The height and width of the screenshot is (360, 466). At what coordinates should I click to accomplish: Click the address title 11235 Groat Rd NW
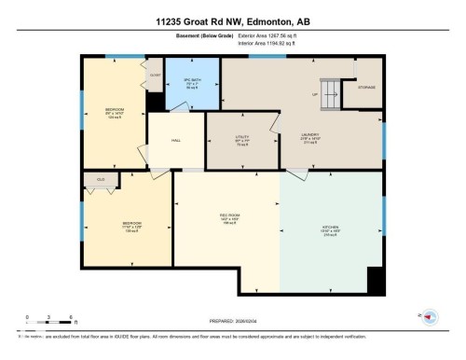232,21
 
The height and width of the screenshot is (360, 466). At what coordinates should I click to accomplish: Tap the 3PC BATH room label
194,80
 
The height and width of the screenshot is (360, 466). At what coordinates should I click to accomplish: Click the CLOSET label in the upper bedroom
155,75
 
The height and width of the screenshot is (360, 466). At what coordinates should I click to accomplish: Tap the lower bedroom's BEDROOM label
130,223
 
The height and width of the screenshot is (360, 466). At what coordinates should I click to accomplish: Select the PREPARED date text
232,319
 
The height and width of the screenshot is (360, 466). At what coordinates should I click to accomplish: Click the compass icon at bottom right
430,317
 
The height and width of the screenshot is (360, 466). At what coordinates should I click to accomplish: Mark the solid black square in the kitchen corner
375,281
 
